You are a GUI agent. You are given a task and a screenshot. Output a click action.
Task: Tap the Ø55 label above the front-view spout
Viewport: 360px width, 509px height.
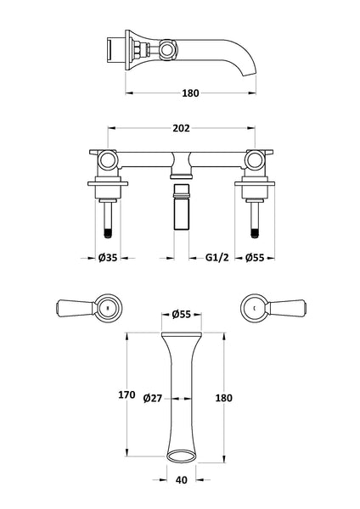click(x=181, y=314)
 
